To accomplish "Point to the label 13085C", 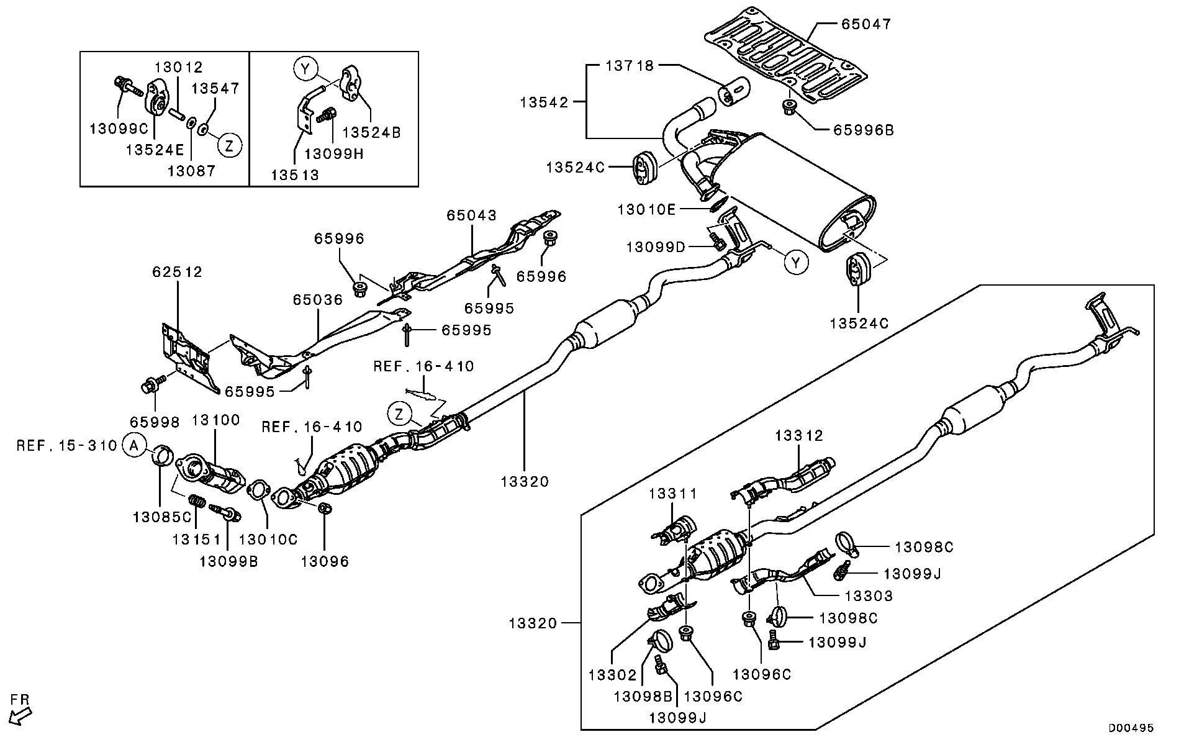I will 161,516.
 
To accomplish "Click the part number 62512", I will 178,272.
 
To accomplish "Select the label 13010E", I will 646,209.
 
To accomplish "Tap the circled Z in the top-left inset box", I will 229,146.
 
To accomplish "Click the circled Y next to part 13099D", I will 796,262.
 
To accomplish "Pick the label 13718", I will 630,65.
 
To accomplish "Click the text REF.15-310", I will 66,445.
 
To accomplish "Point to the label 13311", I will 673,494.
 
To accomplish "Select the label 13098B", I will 643,697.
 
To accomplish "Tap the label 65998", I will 155,422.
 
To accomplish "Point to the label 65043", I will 471,215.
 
